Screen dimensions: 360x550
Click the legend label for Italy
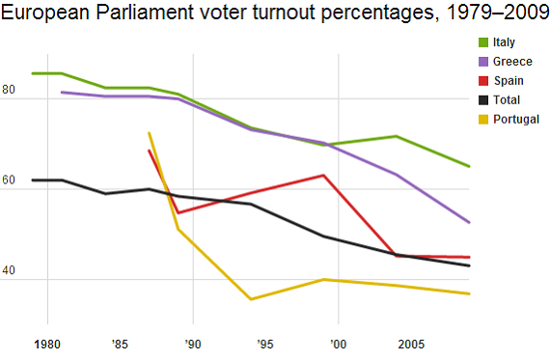tap(504, 42)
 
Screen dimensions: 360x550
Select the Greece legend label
tap(512, 61)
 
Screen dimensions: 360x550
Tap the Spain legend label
tap(509, 80)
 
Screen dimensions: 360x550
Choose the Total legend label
tap(507, 99)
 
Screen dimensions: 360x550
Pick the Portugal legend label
tap(516, 119)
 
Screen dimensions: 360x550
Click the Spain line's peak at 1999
tap(323, 175)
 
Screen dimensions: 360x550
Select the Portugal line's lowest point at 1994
tap(251, 299)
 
